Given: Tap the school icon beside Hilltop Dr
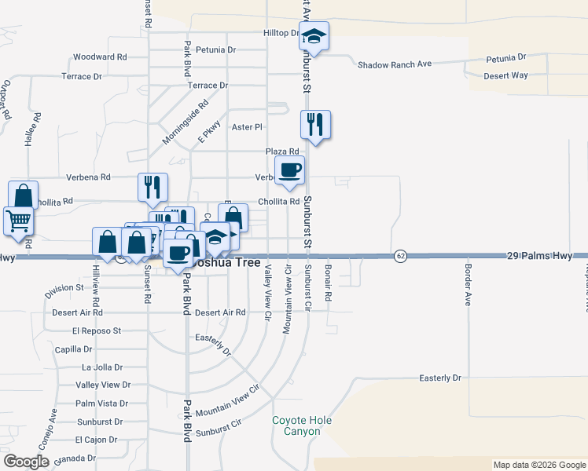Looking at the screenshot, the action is click(x=314, y=36).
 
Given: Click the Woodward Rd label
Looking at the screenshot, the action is click(x=100, y=57).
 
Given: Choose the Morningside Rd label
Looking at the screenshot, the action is click(x=186, y=122).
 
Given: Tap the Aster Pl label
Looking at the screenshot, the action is click(x=247, y=126).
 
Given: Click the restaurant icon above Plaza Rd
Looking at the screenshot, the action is click(x=315, y=125).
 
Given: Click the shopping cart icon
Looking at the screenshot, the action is click(x=18, y=220).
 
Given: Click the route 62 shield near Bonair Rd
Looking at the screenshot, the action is click(x=400, y=257).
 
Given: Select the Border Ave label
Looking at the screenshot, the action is click(x=467, y=289).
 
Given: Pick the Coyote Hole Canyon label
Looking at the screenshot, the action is click(x=302, y=426).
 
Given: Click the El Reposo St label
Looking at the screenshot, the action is click(x=96, y=331).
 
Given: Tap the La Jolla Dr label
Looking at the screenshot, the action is click(x=102, y=367).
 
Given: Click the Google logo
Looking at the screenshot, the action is click(x=27, y=462).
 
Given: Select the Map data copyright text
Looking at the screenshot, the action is click(x=538, y=465).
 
